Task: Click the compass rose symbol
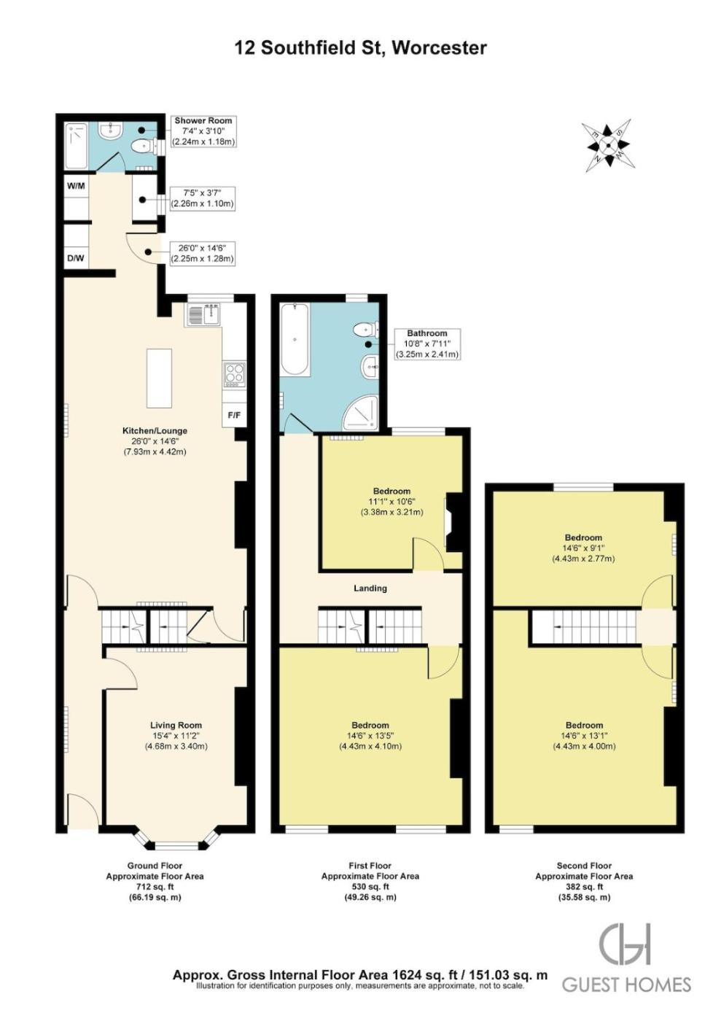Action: [609, 145]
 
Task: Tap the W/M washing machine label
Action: [76, 187]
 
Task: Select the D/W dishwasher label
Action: [76, 258]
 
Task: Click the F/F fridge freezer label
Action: [234, 415]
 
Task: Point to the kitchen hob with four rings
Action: [234, 374]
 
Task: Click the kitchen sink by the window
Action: [203, 314]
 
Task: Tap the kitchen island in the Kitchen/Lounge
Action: [159, 378]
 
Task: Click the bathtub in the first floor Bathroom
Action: [295, 340]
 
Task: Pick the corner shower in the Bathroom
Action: [360, 413]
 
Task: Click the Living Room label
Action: [176, 725]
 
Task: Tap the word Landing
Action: [370, 588]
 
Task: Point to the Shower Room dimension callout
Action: [203, 131]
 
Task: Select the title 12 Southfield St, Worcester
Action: [360, 47]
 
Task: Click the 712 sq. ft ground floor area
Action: [155, 887]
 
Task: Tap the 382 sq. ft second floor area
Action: [584, 887]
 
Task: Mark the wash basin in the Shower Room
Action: [110, 131]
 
